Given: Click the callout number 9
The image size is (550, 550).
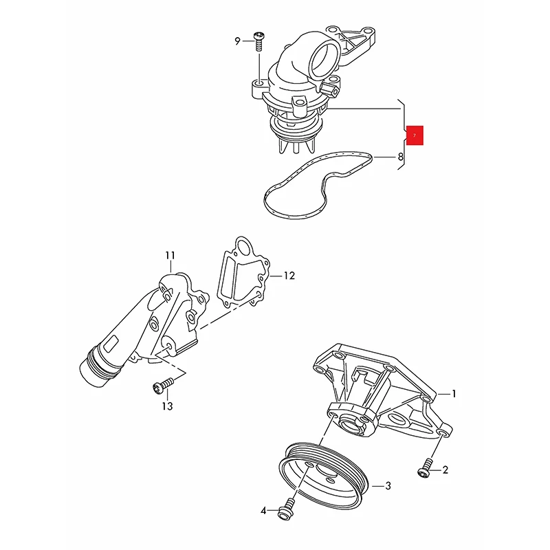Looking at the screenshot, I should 238,41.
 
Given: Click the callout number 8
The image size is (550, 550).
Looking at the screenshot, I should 401,157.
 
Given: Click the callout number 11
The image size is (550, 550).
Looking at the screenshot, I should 170,256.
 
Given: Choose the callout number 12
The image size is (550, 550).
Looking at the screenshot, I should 289,276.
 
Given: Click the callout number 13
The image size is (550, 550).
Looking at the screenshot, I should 167,406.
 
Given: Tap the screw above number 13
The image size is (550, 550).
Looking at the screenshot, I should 159,388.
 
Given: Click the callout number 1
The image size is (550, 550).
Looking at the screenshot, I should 454,394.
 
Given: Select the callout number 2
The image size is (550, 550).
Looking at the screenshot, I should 444,470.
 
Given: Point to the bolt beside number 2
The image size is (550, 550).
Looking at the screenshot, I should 423,470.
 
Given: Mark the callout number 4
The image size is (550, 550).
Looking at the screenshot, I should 263,510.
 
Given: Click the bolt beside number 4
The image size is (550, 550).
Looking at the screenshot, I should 284,511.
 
